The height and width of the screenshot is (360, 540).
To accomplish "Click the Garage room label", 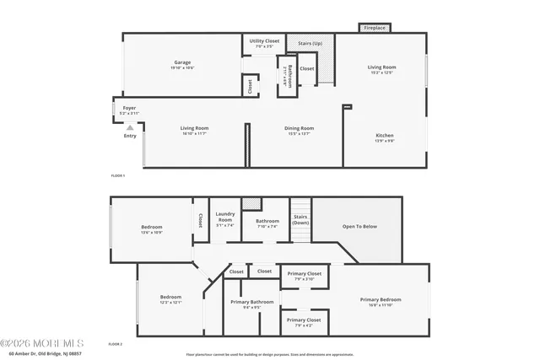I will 182,63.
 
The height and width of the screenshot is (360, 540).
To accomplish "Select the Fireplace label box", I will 375,28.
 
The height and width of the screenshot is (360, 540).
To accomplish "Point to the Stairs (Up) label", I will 305,43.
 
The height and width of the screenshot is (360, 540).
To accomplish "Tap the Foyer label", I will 129,109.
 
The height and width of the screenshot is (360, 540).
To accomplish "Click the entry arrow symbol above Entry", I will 130,127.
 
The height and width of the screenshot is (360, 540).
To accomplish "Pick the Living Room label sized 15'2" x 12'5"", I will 381,67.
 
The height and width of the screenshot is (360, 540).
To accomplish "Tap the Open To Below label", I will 359,227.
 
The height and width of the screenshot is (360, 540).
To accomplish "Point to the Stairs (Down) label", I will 301,219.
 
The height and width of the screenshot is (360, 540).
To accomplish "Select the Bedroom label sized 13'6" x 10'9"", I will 152,228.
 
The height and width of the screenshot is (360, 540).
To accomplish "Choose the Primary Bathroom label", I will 250,303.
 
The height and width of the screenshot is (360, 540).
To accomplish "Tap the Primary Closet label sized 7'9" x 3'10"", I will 303,275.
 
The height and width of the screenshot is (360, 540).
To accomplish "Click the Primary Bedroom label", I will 381,301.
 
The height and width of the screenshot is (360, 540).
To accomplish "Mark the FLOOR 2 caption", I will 116,344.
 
